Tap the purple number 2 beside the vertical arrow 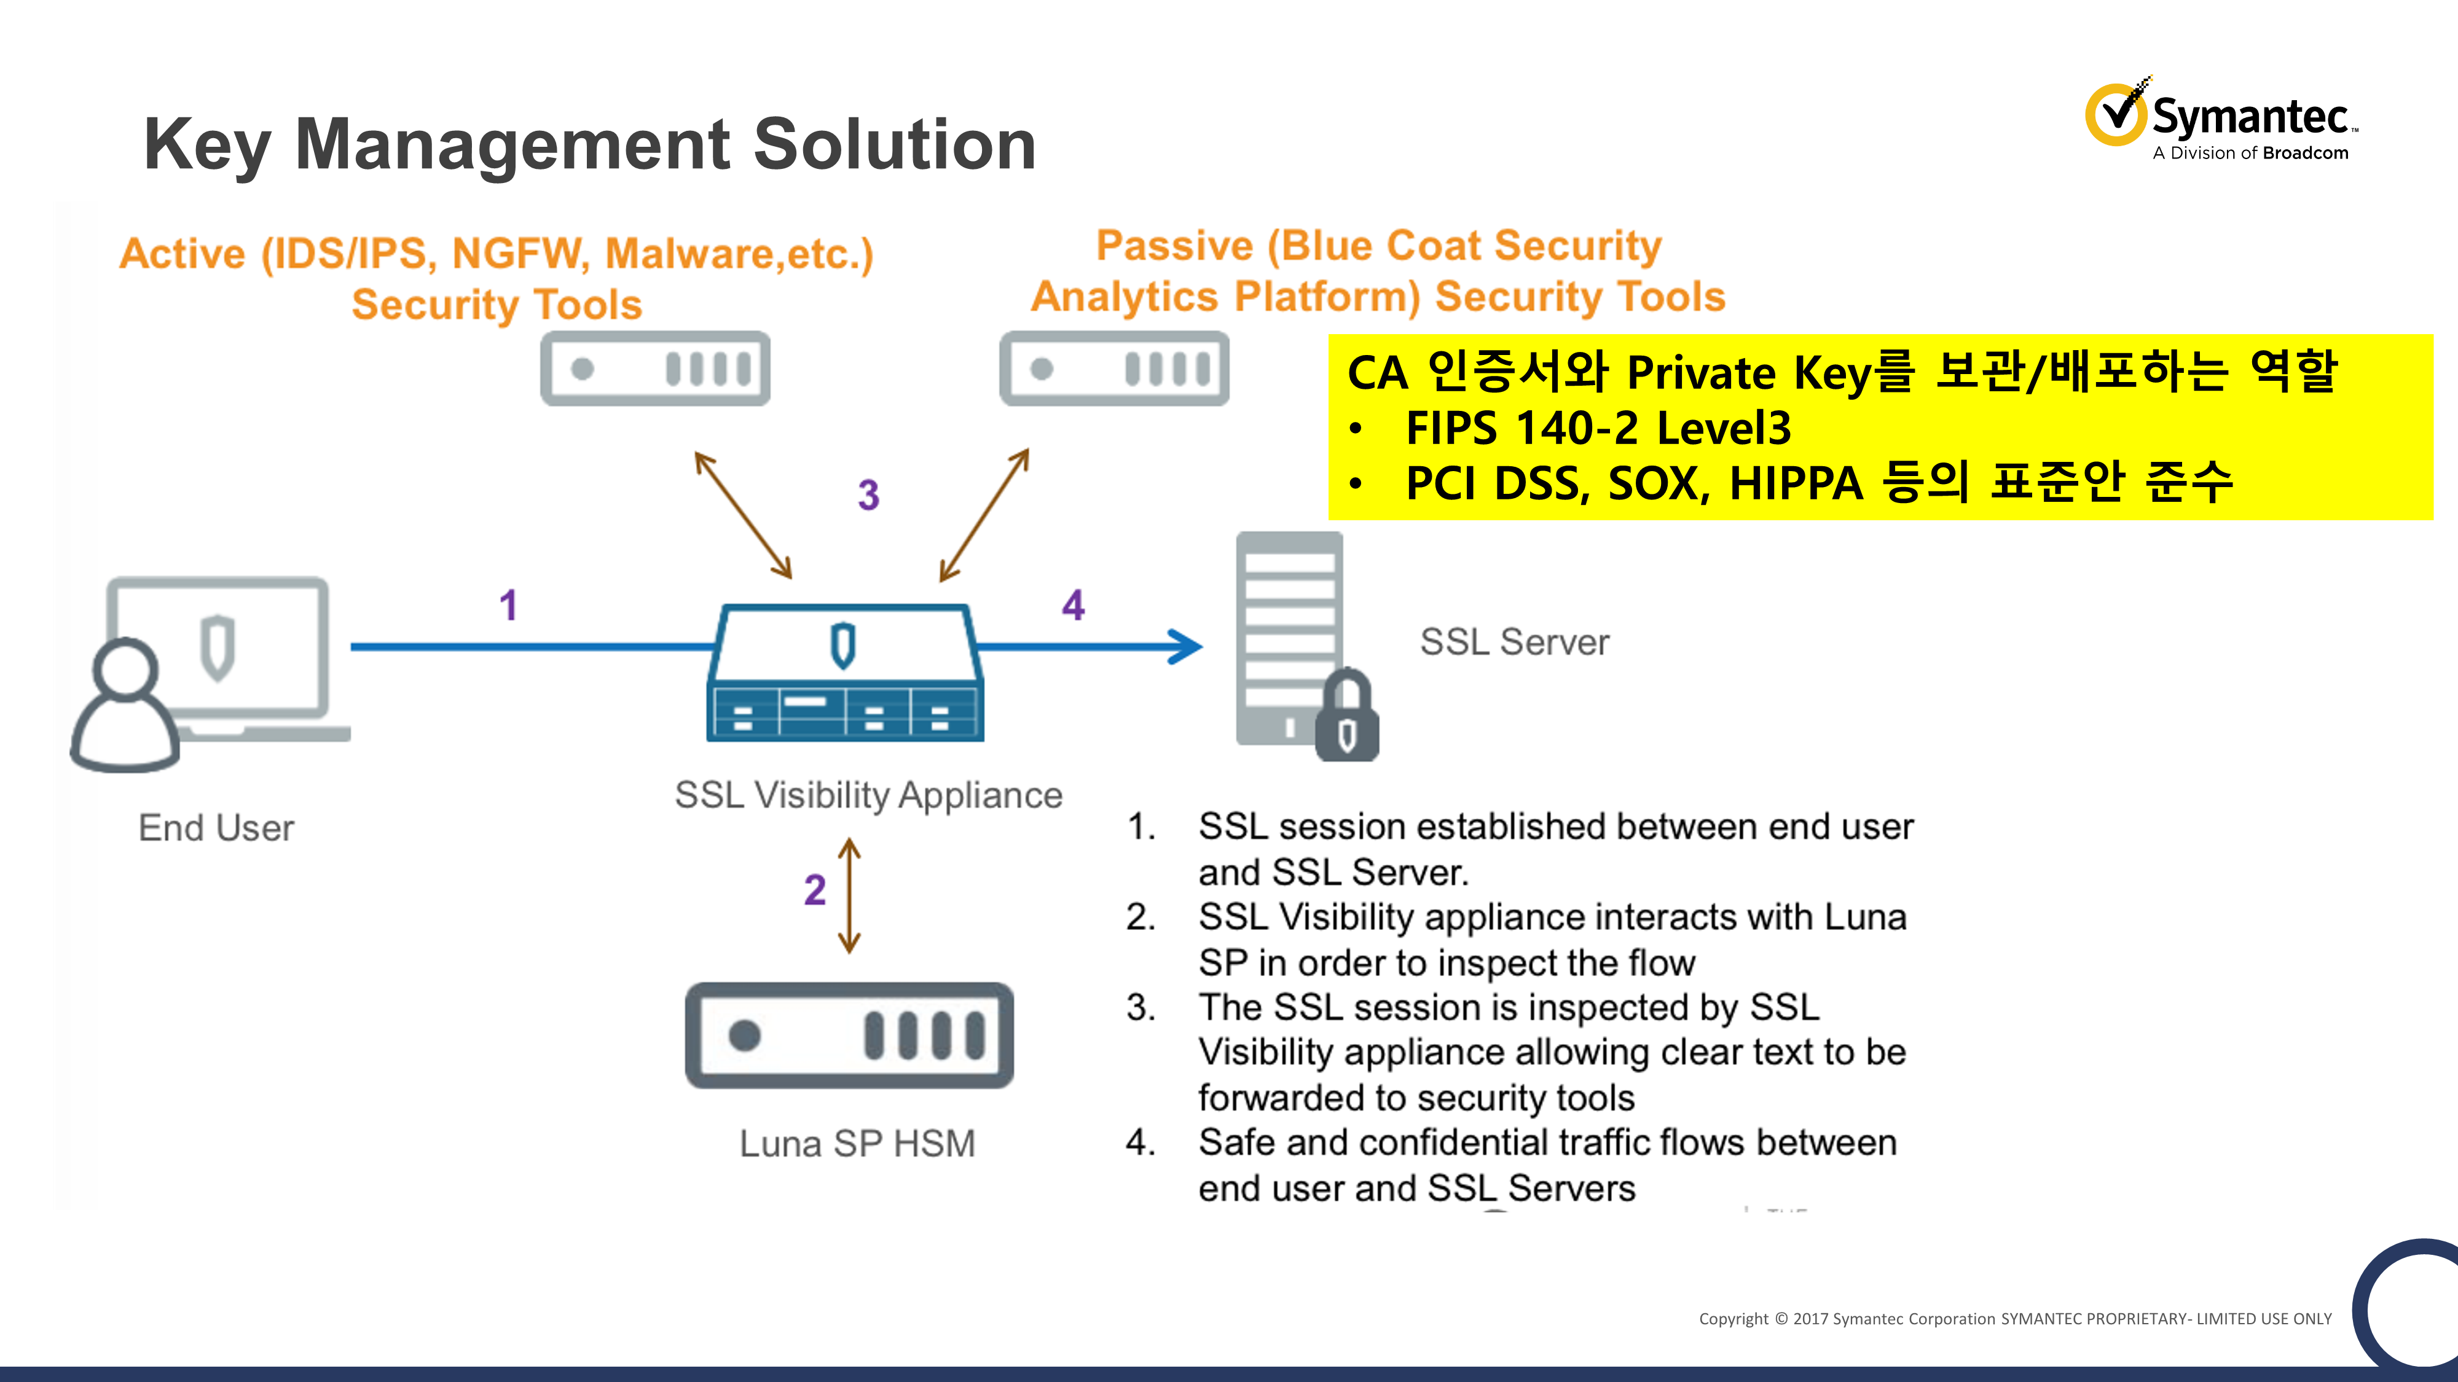(814, 890)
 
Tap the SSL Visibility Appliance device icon (844, 673)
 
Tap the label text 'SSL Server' (1514, 642)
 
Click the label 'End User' (216, 828)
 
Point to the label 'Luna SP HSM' (857, 1144)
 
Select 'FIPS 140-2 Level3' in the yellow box (1598, 428)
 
